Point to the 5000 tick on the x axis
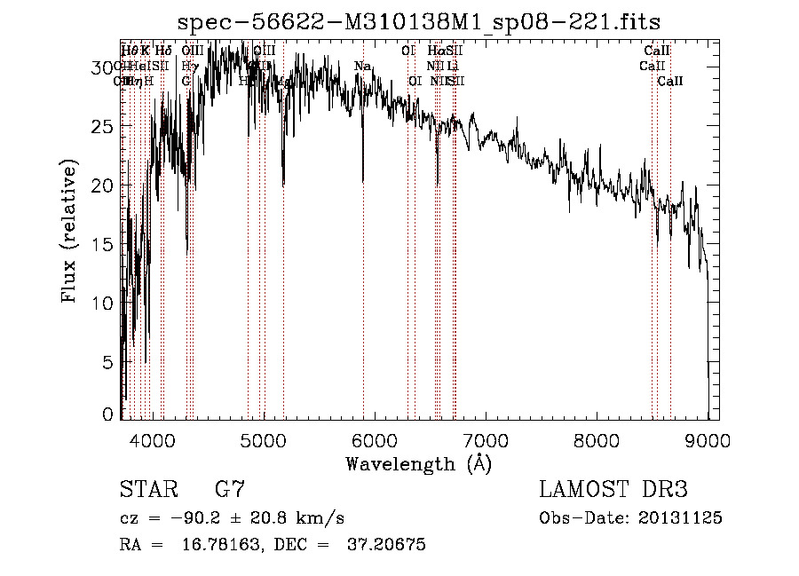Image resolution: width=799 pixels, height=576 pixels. point(264,439)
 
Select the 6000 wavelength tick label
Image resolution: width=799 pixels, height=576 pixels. point(375,439)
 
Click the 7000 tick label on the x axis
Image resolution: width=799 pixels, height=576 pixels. point(486,439)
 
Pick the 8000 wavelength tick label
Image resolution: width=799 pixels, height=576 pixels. point(597,439)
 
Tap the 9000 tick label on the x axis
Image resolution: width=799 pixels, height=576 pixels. point(708,439)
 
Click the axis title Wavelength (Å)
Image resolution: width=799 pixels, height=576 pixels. point(418,463)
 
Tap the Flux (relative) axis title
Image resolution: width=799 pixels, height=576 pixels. point(69,231)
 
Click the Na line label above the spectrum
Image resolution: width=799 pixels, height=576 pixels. point(362,67)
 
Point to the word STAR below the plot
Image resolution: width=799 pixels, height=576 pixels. point(147,490)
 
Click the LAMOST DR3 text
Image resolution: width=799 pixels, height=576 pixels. point(613,490)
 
